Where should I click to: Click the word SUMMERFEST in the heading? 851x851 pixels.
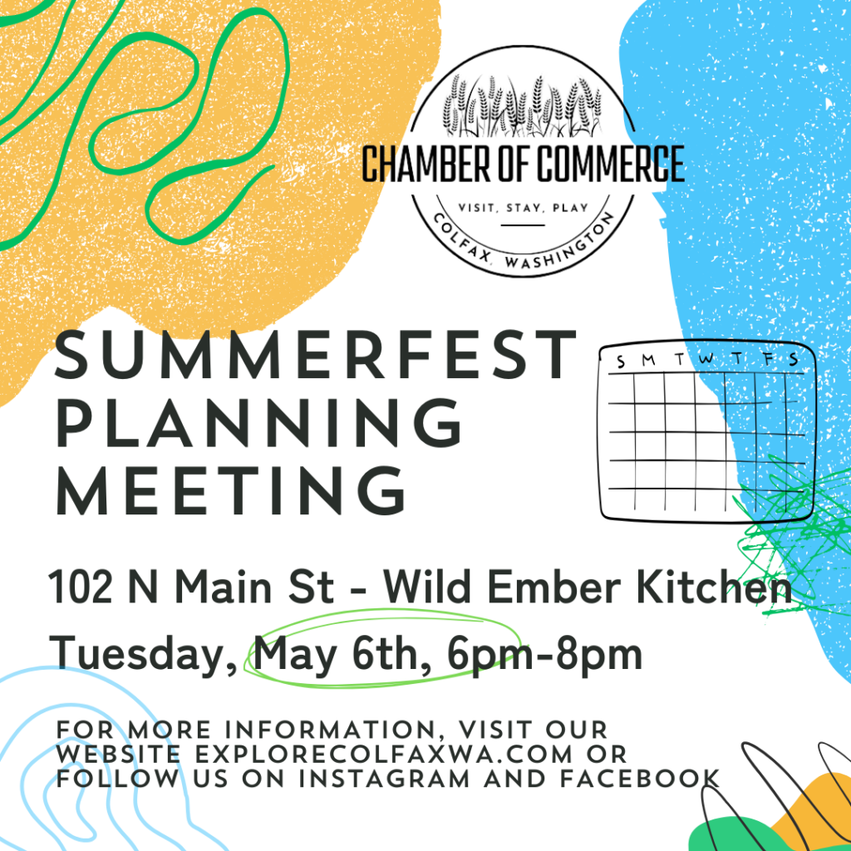point(315,356)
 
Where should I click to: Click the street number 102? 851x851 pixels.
point(81,588)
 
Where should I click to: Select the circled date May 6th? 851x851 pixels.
point(336,656)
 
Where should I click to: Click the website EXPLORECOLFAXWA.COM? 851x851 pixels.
point(384,755)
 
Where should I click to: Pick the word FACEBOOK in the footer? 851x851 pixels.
point(640,779)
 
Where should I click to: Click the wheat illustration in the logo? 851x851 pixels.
point(523,106)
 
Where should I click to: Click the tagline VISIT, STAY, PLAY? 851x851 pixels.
point(524,208)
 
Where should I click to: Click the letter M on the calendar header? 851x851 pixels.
point(648,360)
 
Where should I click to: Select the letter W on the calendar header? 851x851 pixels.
point(706,358)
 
